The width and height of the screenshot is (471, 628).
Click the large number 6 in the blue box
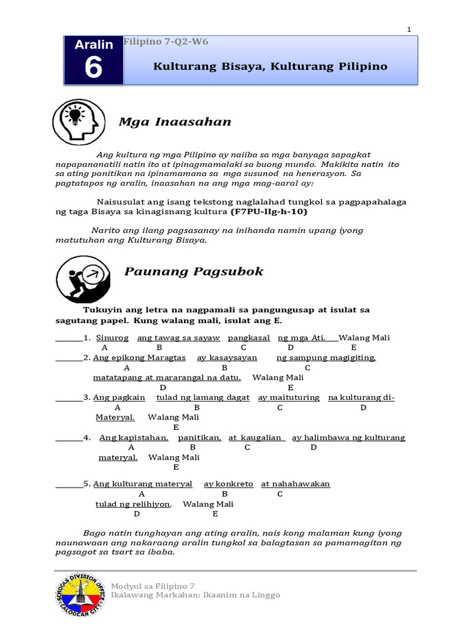93,68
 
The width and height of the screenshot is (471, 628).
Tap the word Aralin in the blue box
94,45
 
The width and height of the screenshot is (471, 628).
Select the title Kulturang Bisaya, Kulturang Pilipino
270,66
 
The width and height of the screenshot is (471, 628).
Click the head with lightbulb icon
75,122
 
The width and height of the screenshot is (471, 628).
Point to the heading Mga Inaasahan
174,122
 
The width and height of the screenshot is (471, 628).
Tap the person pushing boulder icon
83,277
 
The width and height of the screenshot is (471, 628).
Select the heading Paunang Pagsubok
194,271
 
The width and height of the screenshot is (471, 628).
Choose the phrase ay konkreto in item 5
228,484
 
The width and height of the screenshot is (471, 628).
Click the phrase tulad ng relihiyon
133,504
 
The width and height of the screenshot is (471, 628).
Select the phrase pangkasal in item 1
247,338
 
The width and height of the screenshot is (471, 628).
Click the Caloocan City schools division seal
80,595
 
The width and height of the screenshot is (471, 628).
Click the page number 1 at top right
409,29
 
